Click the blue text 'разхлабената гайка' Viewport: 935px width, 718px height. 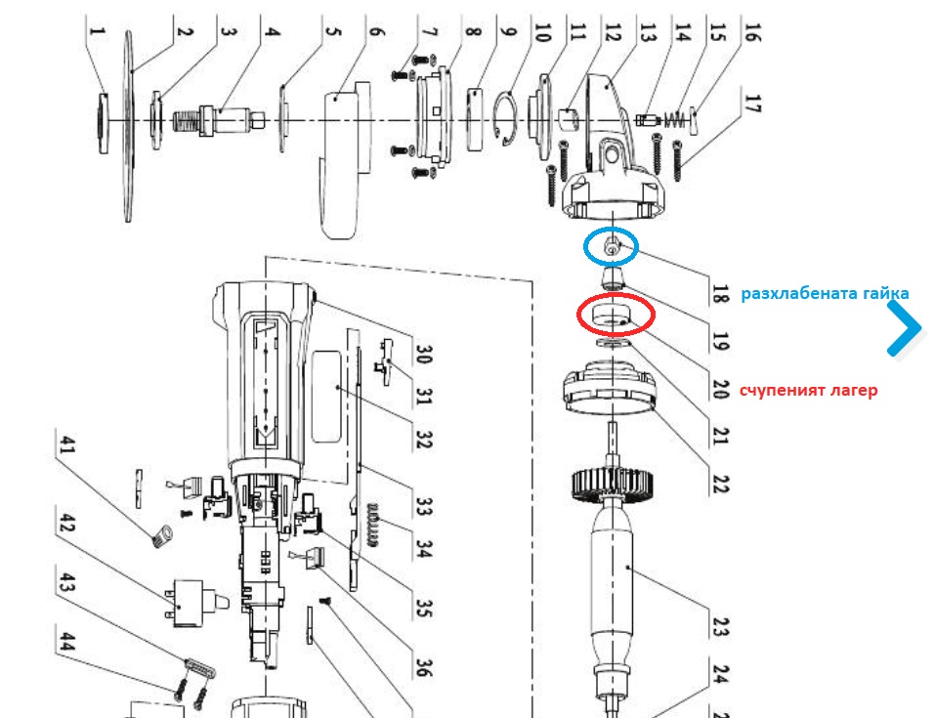(825, 293)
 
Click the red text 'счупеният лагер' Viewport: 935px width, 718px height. (808, 390)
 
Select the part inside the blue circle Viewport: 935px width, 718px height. (611, 247)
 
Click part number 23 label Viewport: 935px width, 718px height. (721, 624)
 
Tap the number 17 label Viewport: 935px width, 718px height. (751, 104)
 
